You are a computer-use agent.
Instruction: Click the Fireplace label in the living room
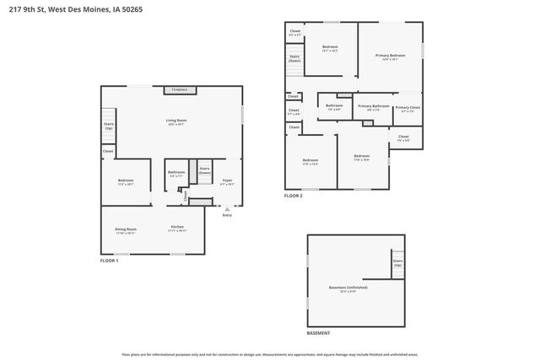(179, 89)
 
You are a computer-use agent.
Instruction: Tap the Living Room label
(176, 121)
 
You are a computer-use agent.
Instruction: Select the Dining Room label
(126, 228)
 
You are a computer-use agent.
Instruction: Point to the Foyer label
(227, 181)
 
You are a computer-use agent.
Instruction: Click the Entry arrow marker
(226, 209)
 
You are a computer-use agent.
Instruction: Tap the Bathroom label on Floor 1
(175, 174)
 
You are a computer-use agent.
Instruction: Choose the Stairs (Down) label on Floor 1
(204, 170)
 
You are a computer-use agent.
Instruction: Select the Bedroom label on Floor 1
(126, 181)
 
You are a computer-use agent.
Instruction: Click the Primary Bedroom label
(390, 56)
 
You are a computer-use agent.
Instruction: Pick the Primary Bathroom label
(373, 107)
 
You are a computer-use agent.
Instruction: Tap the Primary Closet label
(408, 108)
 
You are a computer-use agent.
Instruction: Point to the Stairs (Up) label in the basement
(397, 263)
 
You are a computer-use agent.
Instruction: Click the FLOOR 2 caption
(293, 196)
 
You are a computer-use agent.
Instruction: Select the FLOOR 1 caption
(110, 261)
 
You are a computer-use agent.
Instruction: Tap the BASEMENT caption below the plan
(318, 334)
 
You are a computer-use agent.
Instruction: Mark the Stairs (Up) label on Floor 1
(108, 126)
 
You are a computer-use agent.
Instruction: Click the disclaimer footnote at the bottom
(269, 355)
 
